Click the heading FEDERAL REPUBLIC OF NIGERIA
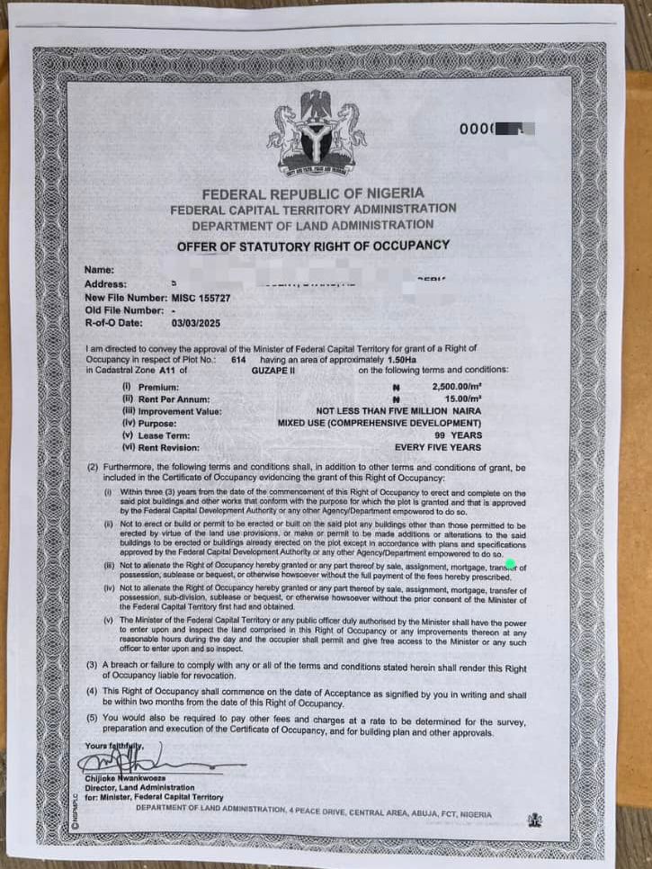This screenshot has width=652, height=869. coord(312,193)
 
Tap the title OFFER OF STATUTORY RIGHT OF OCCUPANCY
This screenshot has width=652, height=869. coord(313,245)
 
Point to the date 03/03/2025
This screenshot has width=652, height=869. coord(195,322)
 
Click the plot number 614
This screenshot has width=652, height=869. coord(238,359)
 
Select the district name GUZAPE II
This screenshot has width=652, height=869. coord(274,370)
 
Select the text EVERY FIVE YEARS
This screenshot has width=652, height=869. coord(438,447)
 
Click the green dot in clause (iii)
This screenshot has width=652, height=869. coord(510,564)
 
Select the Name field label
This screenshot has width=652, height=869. coord(99,270)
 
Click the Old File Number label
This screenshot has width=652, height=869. coord(123,309)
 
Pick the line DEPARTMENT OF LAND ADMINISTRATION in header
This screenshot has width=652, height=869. coord(312,224)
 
